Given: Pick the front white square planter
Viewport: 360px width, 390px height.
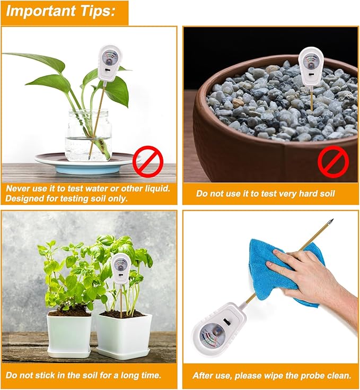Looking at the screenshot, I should click(x=123, y=334).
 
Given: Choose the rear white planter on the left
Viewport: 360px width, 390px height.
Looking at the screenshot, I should click(x=69, y=332).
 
